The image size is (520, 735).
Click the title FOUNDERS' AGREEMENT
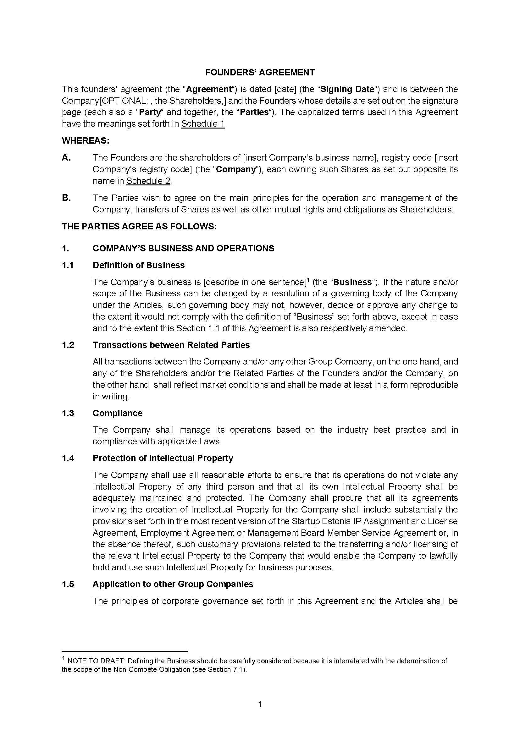click(260, 72)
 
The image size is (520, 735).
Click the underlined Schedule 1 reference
click(203, 124)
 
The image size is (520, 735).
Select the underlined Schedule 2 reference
click(148, 181)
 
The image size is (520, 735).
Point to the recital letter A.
click(66, 157)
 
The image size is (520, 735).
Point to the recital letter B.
click(66, 198)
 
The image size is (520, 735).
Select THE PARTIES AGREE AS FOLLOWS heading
click(139, 226)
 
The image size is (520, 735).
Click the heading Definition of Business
click(139, 265)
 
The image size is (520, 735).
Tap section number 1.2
click(68, 345)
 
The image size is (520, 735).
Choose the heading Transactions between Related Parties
click(171, 345)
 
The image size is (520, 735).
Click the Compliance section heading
click(118, 413)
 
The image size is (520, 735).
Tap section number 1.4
click(68, 458)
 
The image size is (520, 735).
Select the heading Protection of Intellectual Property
click(163, 458)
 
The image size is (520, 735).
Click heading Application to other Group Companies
click(173, 584)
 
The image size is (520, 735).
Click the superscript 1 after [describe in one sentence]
click(308, 280)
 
